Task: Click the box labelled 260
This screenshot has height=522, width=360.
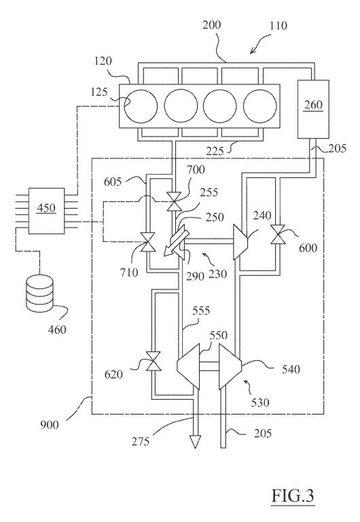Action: [313, 109]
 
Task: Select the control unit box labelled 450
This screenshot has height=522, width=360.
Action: [46, 211]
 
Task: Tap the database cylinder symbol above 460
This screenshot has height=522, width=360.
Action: [39, 291]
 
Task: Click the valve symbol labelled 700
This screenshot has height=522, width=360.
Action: [173, 202]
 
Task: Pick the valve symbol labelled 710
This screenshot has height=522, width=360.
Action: [148, 243]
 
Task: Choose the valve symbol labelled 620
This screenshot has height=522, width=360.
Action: [154, 361]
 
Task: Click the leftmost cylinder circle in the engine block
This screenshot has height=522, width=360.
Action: [141, 106]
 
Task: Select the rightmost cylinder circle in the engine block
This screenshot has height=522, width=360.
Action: [260, 106]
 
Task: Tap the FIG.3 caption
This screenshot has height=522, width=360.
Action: [293, 495]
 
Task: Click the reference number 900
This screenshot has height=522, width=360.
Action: [49, 425]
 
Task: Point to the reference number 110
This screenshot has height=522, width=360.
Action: [278, 26]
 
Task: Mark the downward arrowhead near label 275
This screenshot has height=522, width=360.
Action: [195, 440]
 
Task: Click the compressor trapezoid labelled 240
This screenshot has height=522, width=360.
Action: [240, 242]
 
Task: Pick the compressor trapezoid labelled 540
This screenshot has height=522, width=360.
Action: [230, 366]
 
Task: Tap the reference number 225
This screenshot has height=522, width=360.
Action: [215, 152]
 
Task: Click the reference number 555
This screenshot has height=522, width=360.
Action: [201, 311]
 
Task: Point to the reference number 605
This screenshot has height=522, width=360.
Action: [113, 181]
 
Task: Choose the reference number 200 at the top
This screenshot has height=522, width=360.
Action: [212, 25]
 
